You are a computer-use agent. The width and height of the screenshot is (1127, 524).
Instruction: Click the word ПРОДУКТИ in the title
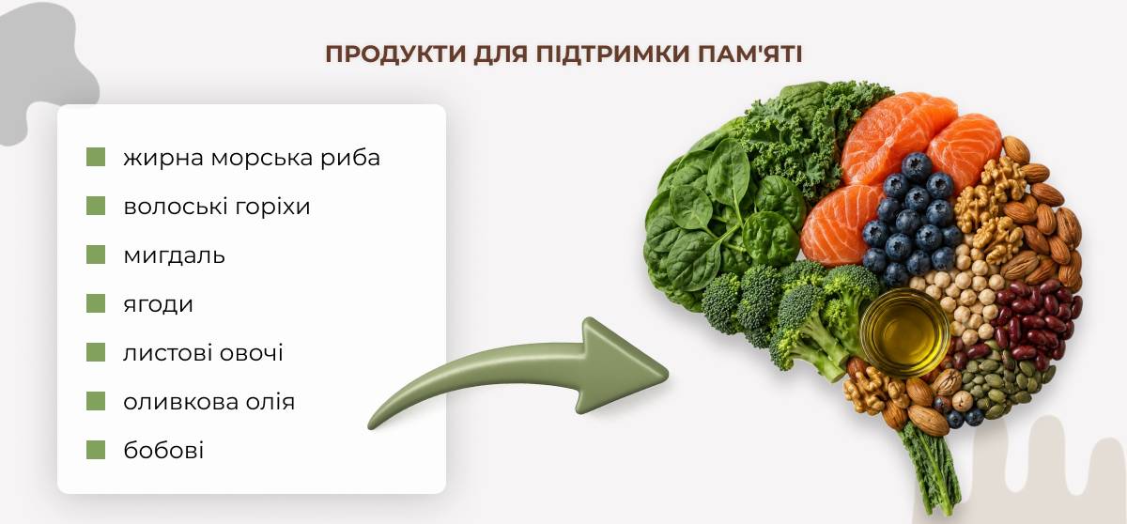(x=395, y=54)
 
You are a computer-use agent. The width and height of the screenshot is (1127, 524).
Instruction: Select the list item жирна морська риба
(x=252, y=158)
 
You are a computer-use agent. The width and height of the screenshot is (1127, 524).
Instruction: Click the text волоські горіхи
(x=217, y=207)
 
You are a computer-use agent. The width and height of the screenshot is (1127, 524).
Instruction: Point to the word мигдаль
(x=174, y=255)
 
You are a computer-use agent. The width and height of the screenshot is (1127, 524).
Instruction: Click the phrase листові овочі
(x=203, y=353)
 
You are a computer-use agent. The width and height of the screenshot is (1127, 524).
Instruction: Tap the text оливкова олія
(x=208, y=402)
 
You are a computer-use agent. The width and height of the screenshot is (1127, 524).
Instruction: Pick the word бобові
(x=163, y=450)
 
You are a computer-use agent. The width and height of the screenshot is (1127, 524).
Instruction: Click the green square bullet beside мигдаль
(x=96, y=255)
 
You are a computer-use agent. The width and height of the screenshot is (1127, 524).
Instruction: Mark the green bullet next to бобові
(x=96, y=450)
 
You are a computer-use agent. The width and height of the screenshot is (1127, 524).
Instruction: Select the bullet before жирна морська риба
(x=96, y=157)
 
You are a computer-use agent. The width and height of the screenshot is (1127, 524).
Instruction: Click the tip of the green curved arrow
(x=668, y=374)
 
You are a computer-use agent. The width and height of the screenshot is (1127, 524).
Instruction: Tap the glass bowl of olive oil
(x=905, y=331)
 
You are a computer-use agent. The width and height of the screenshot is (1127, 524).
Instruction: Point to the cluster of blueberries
(x=911, y=219)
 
